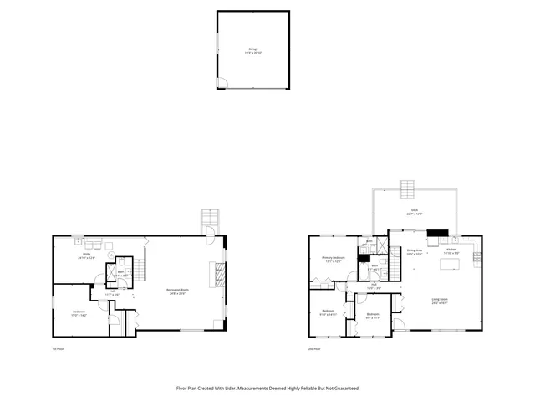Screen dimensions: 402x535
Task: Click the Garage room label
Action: (252, 50)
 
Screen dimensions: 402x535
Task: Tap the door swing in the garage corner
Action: (222, 82)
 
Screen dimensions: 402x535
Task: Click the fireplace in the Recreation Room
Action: (220, 274)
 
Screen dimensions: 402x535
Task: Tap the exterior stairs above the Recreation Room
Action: (208, 219)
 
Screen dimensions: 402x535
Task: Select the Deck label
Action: (414, 212)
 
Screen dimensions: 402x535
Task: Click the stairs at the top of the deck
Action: (407, 185)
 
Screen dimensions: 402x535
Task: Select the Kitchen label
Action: (451, 250)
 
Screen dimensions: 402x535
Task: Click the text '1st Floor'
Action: (59, 349)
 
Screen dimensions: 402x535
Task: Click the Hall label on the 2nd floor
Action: (374, 286)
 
